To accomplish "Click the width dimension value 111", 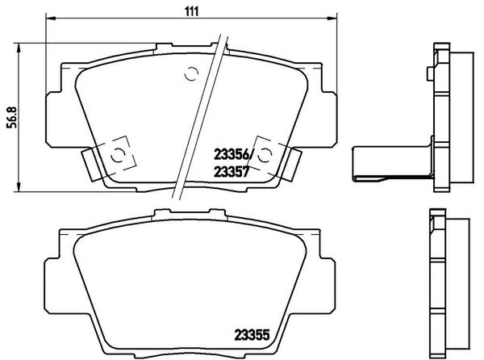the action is [192, 11].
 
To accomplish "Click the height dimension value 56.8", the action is [13, 117].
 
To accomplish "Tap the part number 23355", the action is [252, 335].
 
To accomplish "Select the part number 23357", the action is [232, 172].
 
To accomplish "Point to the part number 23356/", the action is [233, 155].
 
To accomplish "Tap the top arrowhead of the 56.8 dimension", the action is [19, 48].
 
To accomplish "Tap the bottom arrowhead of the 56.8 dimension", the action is [19, 186].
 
